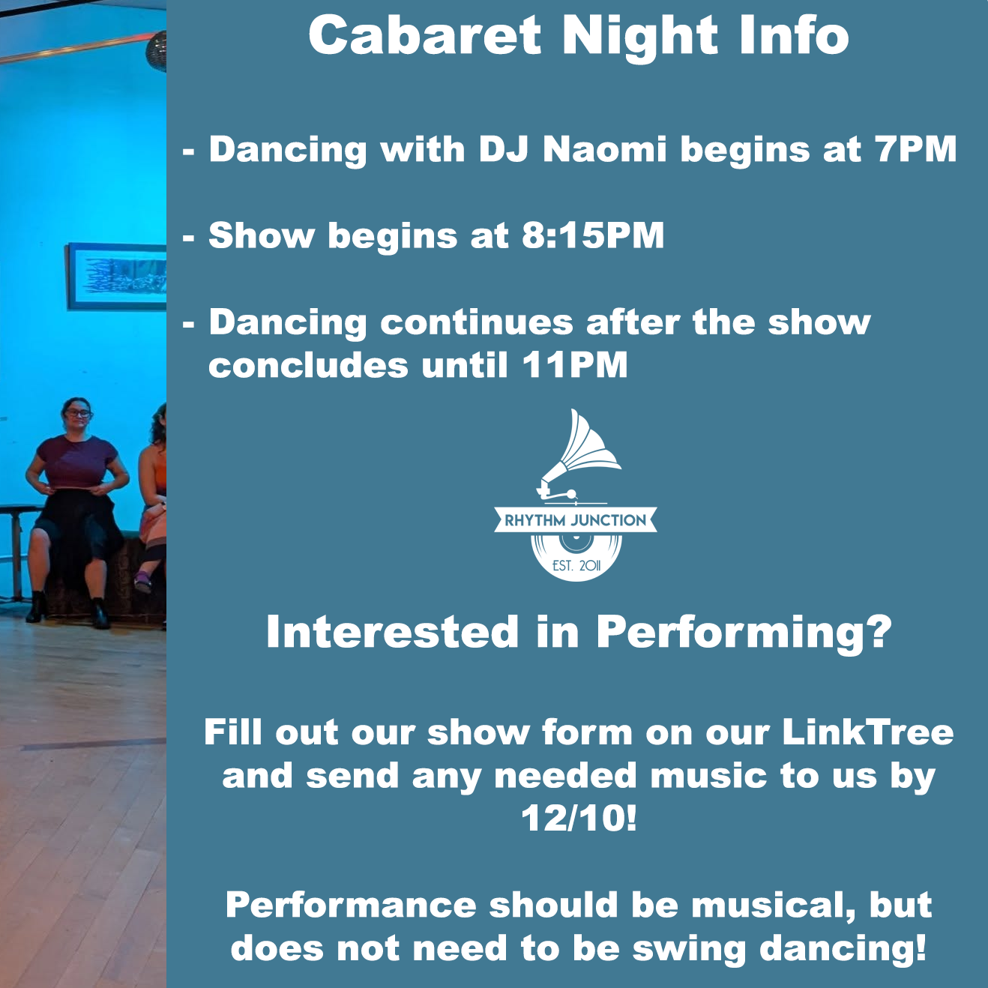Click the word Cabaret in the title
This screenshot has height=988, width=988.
tap(424, 36)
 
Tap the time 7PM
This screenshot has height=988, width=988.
tap(916, 149)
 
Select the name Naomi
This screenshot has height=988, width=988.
tap(604, 149)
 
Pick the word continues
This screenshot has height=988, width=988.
tap(477, 323)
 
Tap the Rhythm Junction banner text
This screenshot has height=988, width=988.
tap(575, 520)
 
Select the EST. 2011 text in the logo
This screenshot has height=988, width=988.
tap(576, 565)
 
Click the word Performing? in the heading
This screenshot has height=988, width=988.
tap(744, 632)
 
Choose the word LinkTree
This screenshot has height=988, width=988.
tap(867, 732)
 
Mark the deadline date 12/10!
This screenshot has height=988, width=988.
tap(579, 818)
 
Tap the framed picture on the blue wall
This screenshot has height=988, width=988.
tap(116, 277)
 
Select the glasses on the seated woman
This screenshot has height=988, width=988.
tap(78, 413)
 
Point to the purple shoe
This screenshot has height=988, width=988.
tap(142, 581)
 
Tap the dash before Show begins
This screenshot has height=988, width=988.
tap(189, 238)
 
